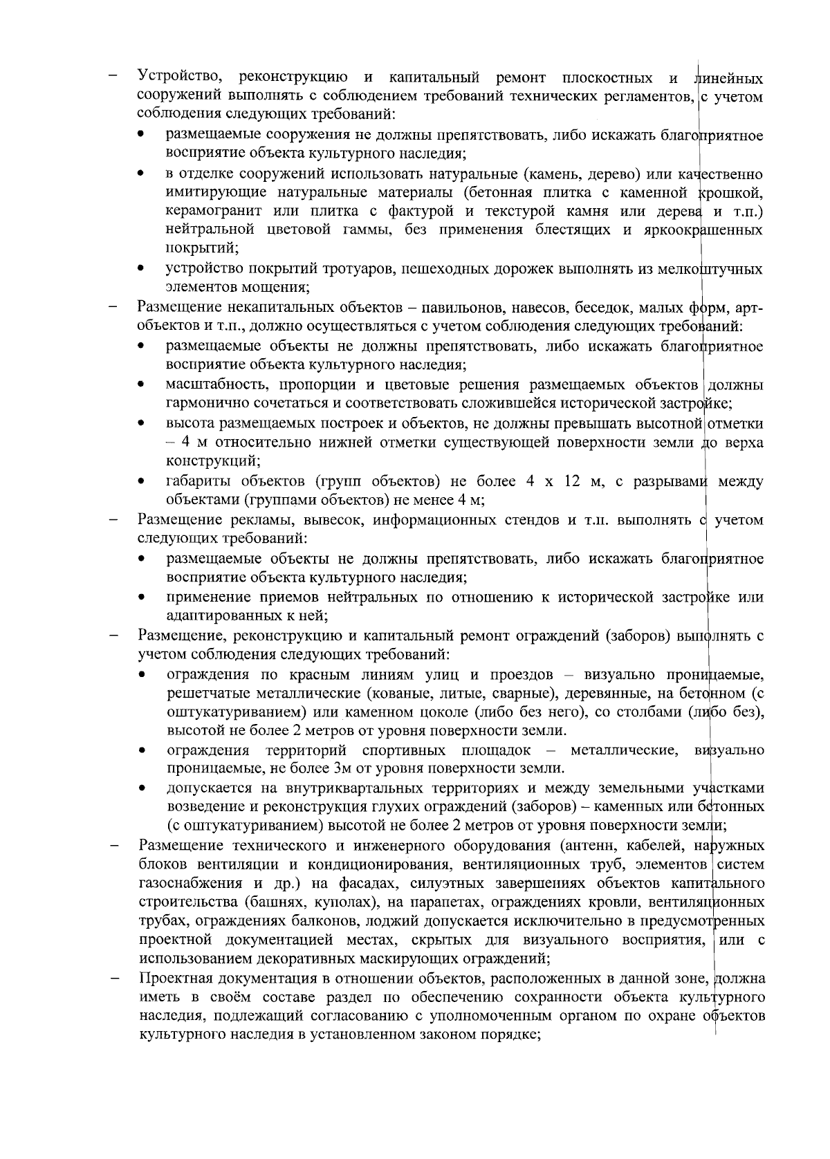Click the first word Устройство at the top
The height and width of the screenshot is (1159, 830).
pyautogui.click(x=179, y=77)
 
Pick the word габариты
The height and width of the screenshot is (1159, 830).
pyautogui.click(x=196, y=481)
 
